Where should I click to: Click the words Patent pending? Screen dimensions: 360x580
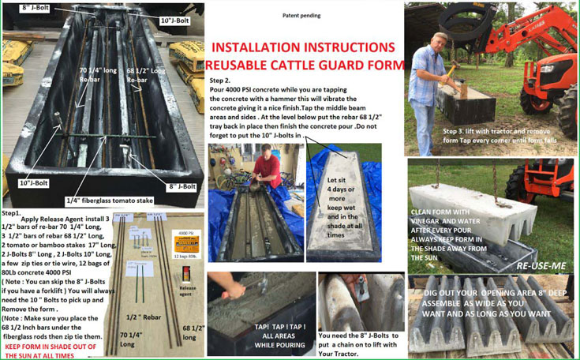[x=301, y=15]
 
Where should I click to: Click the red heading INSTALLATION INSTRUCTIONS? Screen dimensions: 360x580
[x=303, y=47]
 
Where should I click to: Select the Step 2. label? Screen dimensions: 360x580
[x=220, y=81]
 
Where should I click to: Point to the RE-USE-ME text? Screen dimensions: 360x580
[x=541, y=266]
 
